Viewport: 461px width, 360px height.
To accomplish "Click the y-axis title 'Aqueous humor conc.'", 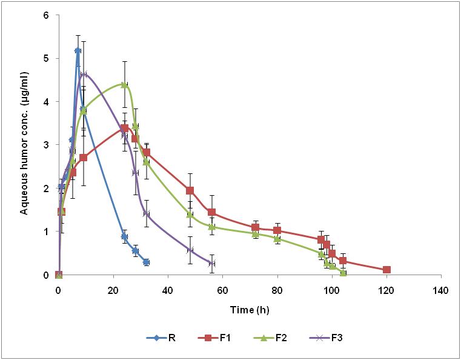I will coord(25,144).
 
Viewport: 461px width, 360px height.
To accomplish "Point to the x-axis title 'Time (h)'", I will coord(250,310).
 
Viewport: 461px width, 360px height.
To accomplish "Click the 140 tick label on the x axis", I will coord(441,290).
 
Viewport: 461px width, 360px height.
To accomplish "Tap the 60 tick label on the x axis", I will coord(222,290).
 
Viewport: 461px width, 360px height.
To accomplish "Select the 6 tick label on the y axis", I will coord(46,15).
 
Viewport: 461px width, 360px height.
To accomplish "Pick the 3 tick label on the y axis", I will coord(46,145).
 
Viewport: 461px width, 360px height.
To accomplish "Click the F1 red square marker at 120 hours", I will coord(386,270).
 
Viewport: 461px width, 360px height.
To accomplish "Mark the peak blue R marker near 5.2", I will coord(78,50).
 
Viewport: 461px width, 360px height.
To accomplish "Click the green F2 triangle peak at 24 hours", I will coord(124,85).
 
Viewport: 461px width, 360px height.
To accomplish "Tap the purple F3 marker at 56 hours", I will coord(211,263).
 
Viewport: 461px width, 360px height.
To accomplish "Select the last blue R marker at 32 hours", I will coord(146,262).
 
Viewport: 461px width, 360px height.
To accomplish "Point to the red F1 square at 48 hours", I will coord(190,190).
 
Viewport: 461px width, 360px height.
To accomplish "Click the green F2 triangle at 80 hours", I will coord(277,239).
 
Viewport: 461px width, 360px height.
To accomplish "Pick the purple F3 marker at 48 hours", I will coord(190,250).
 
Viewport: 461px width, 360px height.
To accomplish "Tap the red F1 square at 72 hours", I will coord(255,227).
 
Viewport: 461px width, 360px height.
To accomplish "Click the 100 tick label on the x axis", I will coord(331,290).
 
